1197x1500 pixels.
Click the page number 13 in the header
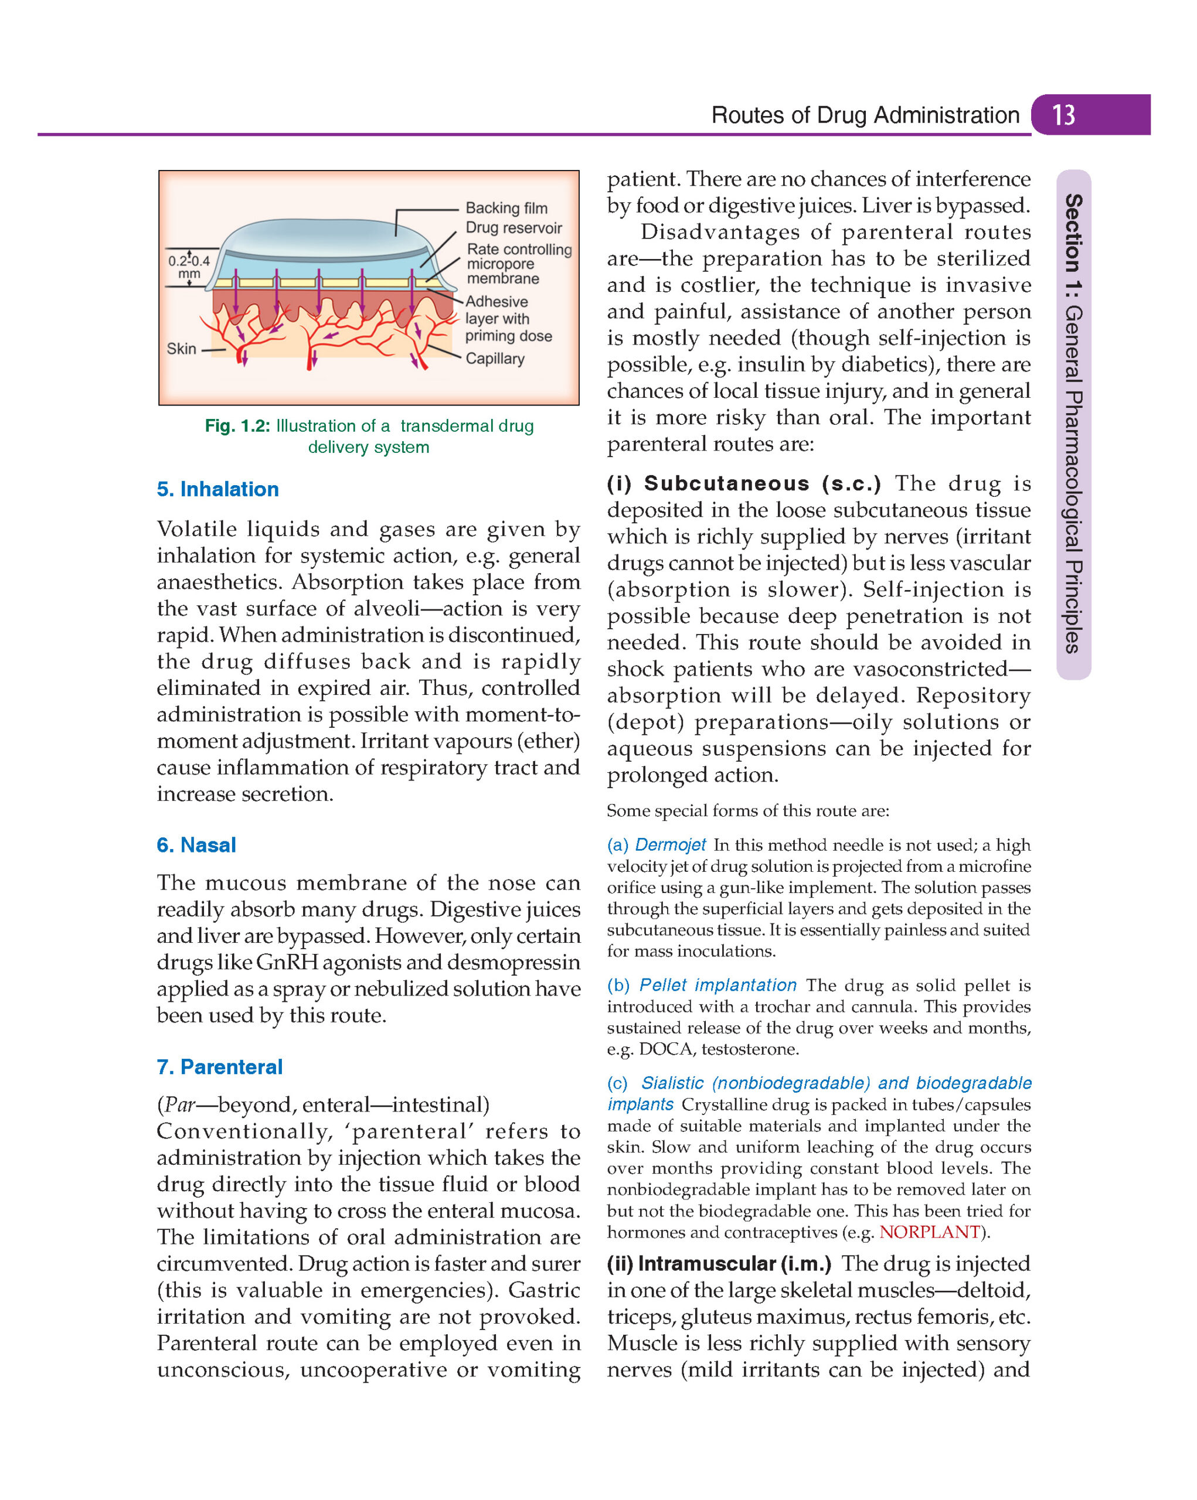1063,115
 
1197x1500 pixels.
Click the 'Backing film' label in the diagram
506,208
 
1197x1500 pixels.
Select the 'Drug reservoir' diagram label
513,227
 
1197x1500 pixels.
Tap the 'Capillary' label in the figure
494,359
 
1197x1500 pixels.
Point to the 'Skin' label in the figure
181,349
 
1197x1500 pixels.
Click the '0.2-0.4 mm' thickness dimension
189,267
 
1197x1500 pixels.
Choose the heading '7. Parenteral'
219,1066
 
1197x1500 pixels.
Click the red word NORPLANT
929,1232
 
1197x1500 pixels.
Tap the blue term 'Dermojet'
669,844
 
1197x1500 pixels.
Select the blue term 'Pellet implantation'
717,985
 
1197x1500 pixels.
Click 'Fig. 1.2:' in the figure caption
237,426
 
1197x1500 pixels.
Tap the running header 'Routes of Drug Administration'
865,115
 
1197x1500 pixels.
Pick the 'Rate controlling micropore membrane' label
518,264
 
